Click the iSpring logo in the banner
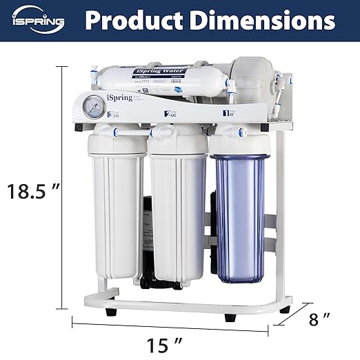click(x=37, y=21)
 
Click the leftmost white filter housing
click(x=117, y=214)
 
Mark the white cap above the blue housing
click(x=239, y=141)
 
